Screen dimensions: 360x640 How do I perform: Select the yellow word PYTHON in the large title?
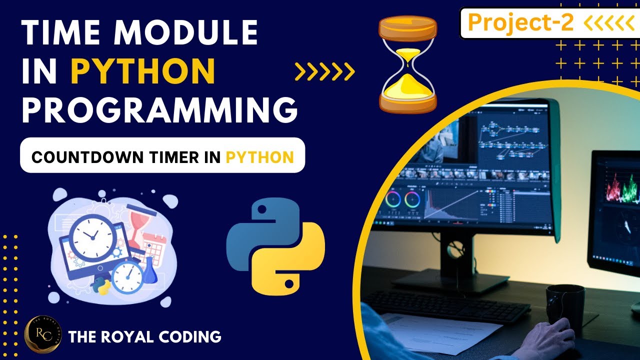point(146,72)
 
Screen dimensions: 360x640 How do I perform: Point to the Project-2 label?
point(520,22)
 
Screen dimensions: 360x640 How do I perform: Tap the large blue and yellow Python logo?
point(275,245)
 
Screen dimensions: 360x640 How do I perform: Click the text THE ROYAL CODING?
point(145,336)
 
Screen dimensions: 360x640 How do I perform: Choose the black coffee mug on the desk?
point(565,305)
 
